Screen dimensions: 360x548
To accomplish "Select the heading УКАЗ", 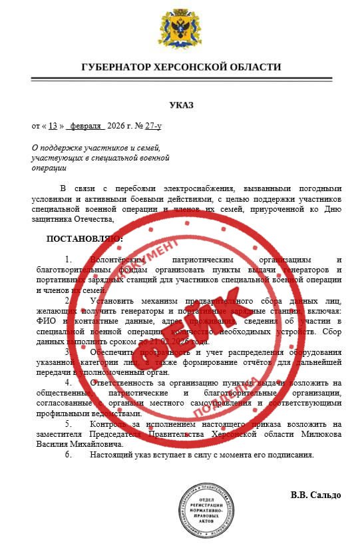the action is (180, 106).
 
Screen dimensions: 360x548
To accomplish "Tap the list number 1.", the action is (67, 259).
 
